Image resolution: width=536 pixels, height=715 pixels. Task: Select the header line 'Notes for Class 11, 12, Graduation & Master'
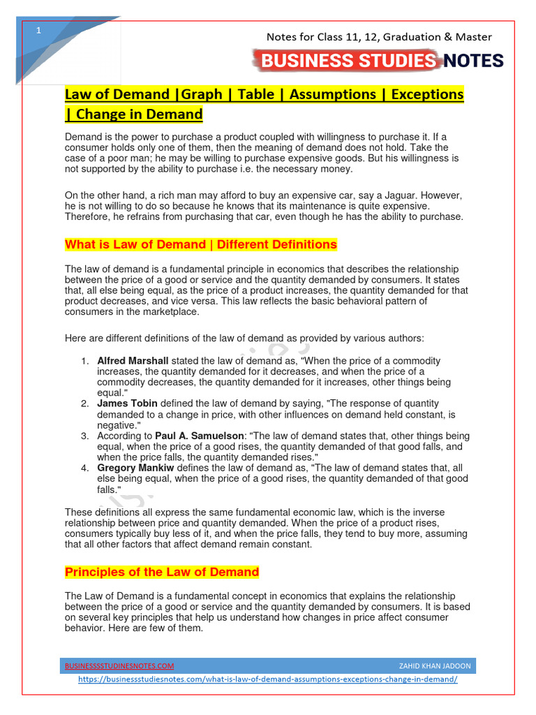click(x=380, y=37)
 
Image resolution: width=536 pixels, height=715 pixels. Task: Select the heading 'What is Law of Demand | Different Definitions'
click(x=201, y=244)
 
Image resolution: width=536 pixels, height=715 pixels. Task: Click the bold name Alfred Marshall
click(x=133, y=361)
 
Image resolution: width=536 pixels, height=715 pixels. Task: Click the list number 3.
click(x=83, y=436)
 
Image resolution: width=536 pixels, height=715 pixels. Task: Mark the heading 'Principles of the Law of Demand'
click(x=162, y=573)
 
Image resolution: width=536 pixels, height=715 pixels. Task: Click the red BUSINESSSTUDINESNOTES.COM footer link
click(x=119, y=666)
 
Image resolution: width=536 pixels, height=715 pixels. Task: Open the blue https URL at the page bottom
click(x=268, y=679)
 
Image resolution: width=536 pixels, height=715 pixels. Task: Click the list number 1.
click(x=83, y=361)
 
